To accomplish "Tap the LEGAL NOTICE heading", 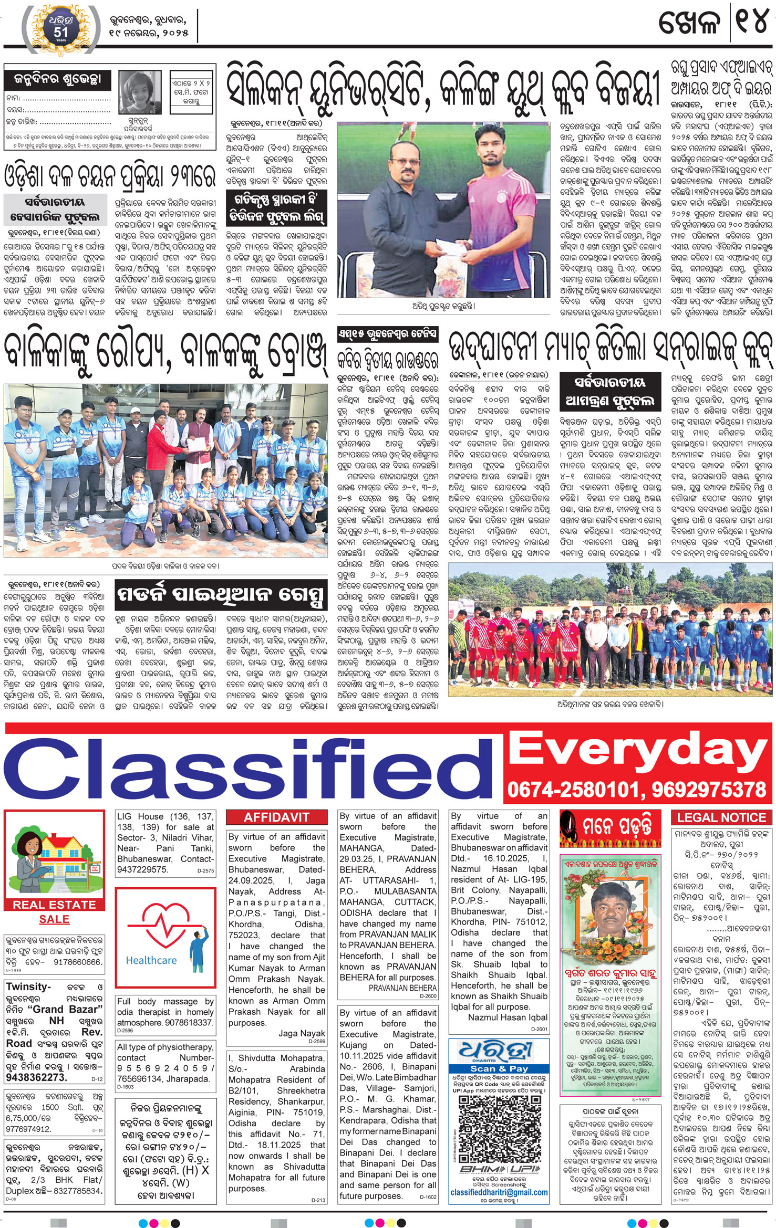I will (x=721, y=817).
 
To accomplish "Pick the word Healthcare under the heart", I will (x=151, y=960).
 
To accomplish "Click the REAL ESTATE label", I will (x=54, y=905).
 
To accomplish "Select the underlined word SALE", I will (x=54, y=919).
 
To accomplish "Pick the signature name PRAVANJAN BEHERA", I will (x=402, y=988).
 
